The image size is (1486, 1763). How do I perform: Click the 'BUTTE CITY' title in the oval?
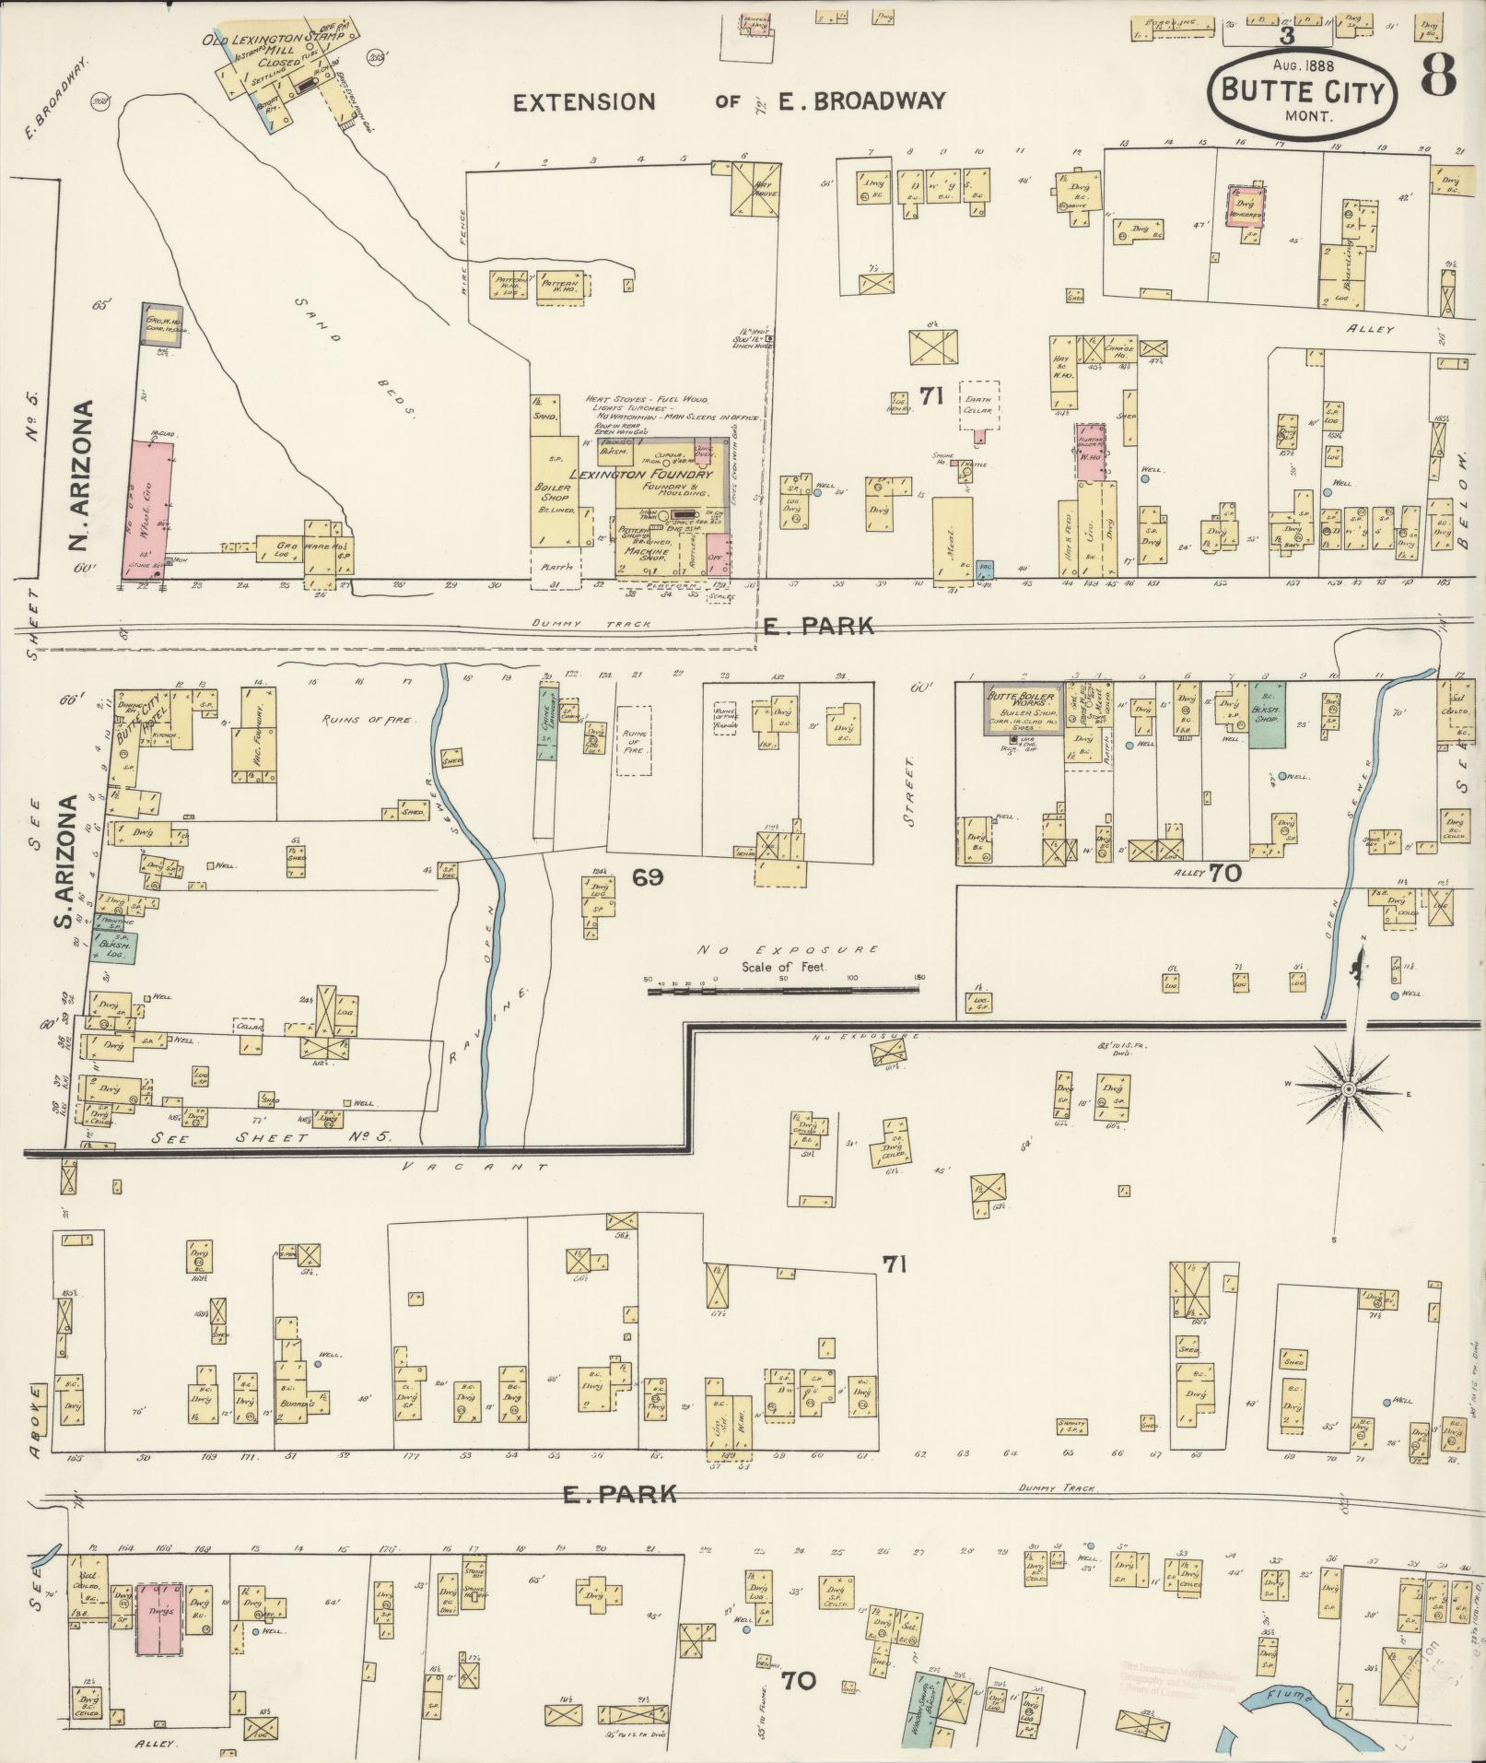[1302, 91]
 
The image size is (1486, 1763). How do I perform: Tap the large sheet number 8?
[1438, 74]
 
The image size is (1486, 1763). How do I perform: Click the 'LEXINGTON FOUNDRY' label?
[641, 474]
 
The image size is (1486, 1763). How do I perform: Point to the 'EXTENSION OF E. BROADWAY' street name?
[728, 101]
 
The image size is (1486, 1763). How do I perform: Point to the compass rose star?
[1347, 1089]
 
